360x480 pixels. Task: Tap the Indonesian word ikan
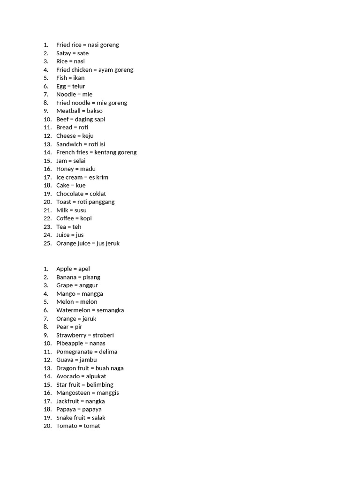pos(79,78)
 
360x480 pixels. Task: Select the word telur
pos(79,86)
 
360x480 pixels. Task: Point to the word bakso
pos(95,111)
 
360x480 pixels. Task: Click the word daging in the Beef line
pos(84,120)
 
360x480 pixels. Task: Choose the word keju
pos(88,136)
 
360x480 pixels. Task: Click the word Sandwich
pos(69,144)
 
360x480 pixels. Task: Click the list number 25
pos(47,243)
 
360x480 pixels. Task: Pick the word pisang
pos(91,277)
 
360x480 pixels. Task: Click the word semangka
pos(111,310)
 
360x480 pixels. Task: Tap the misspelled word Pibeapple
pos(69,344)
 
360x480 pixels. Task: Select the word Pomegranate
pos(75,352)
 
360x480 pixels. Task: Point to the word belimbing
pos(100,385)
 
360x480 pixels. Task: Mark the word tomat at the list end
pos(92,426)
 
